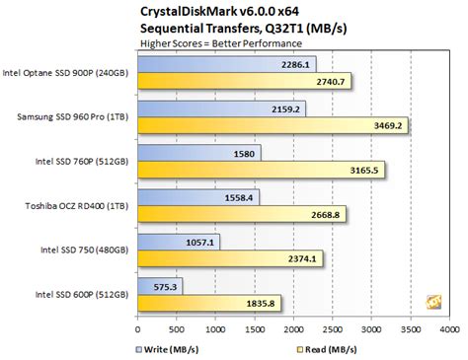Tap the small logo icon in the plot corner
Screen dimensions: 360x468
[x=432, y=301]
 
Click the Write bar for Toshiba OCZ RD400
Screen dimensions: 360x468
[x=198, y=197]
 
